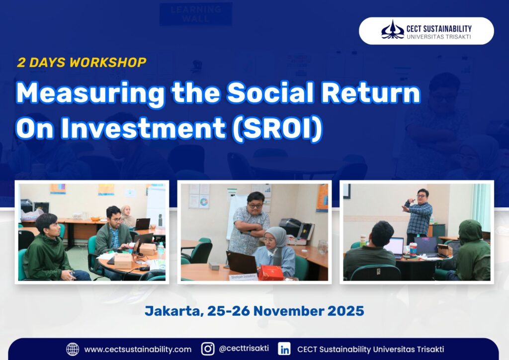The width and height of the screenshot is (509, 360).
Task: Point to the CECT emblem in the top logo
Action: [393, 30]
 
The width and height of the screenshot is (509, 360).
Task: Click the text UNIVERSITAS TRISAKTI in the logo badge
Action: [439, 37]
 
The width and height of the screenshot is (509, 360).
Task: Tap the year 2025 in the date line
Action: [346, 311]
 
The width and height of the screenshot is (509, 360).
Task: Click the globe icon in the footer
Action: [73, 349]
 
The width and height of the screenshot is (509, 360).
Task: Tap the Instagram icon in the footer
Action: [208, 349]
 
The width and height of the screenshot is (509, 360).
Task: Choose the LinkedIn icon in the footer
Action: [284, 349]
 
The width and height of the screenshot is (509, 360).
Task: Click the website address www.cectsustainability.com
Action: [138, 350]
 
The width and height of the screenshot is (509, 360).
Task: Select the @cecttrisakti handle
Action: [244, 348]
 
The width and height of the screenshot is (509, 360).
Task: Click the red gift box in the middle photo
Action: [271, 272]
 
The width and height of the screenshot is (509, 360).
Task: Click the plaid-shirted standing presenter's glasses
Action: [422, 196]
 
